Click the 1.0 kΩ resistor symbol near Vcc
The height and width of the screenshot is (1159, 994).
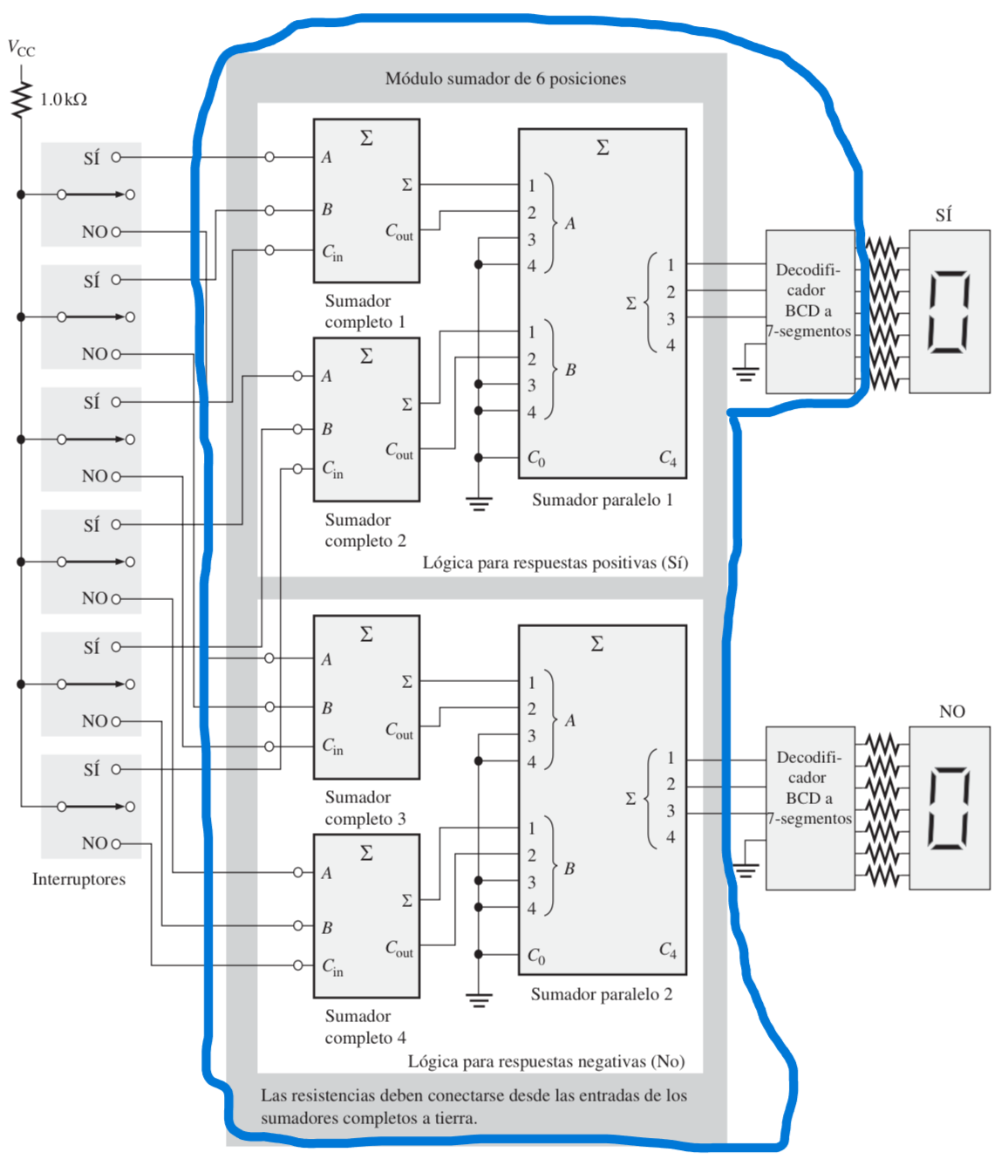tap(21, 99)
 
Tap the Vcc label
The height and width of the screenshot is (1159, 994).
tap(21, 49)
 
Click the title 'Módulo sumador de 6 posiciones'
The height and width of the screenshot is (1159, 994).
tap(505, 78)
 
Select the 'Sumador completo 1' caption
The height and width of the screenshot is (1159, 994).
tap(364, 311)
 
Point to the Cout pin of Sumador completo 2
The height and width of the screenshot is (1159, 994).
tap(399, 451)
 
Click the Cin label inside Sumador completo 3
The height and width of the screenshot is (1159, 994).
tap(332, 747)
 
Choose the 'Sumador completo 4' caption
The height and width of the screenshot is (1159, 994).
tap(364, 1026)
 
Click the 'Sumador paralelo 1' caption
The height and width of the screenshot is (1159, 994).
tap(602, 500)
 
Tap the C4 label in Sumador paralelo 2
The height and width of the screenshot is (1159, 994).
tap(667, 950)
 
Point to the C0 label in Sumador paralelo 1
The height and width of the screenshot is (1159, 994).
tap(536, 459)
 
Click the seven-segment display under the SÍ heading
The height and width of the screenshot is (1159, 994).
tap(949, 311)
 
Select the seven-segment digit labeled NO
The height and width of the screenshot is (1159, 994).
tap(949, 808)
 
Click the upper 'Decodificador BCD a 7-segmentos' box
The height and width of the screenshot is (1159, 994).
tap(809, 311)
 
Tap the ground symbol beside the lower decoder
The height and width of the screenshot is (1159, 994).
tap(745, 868)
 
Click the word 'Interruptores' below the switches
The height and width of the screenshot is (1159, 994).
tap(78, 879)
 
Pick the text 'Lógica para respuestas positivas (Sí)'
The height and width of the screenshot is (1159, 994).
tap(555, 562)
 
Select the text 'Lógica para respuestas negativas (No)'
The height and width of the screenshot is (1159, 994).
tap(546, 1061)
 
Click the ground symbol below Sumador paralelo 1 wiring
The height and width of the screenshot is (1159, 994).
tap(478, 503)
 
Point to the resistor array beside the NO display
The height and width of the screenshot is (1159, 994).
tap(882, 808)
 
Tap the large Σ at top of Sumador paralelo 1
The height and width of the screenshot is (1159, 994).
tap(603, 147)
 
